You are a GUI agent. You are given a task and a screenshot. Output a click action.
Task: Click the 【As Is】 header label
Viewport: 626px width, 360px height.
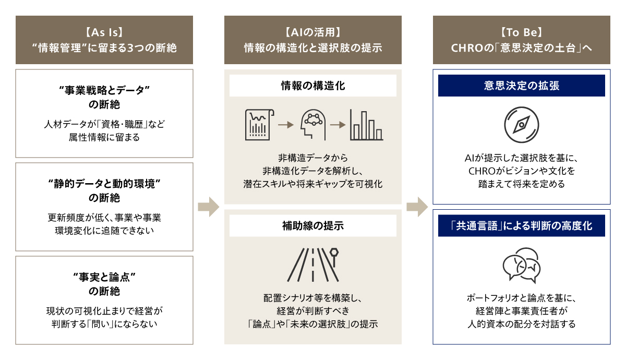(104, 32)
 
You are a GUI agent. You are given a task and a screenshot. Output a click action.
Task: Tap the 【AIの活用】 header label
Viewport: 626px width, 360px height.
(313, 32)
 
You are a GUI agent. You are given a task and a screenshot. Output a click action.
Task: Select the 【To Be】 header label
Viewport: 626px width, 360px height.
(522, 32)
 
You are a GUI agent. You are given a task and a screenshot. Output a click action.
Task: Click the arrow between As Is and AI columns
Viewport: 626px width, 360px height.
(209, 207)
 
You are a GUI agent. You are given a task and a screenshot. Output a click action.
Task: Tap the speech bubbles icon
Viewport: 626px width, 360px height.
(522, 267)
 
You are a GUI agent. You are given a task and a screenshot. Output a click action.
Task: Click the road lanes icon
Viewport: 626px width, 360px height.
(313, 263)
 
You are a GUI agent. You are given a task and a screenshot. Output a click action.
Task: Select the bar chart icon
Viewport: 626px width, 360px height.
(366, 125)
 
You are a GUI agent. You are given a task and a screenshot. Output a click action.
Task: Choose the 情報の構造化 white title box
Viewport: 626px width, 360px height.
(313, 86)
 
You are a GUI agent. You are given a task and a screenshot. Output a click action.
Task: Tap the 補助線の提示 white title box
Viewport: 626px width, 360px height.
(313, 226)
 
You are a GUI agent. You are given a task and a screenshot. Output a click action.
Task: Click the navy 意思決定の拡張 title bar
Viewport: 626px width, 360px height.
(522, 86)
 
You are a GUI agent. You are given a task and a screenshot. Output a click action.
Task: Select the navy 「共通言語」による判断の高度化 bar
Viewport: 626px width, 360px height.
(522, 226)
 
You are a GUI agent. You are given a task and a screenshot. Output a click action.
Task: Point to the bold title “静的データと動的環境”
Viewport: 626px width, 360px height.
(104, 184)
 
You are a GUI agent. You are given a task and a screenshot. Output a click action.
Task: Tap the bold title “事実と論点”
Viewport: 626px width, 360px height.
(104, 277)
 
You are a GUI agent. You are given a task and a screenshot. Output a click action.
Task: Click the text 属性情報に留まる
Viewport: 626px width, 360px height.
(104, 138)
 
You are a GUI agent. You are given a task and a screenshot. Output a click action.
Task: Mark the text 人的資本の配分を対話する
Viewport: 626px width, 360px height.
(522, 324)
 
